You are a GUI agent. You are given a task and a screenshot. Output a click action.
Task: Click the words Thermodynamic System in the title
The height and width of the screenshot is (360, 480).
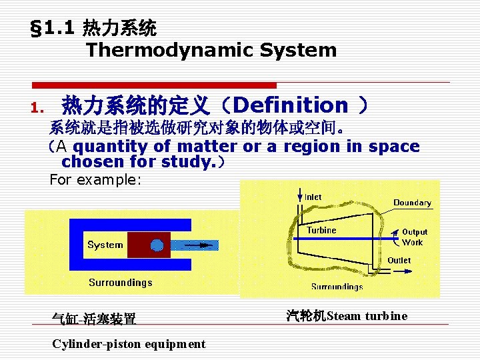211,50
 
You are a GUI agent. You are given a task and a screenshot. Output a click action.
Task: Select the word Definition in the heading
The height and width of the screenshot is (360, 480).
291,105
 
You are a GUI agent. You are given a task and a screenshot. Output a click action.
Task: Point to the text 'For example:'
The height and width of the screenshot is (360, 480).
96,180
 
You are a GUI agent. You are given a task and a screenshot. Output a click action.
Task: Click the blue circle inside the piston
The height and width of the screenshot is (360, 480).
157,245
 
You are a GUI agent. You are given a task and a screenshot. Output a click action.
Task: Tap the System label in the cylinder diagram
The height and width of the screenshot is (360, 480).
105,245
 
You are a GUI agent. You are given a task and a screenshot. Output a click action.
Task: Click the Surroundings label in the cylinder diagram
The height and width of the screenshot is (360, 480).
121,282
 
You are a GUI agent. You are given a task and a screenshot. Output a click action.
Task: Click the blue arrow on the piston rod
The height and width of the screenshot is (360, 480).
199,245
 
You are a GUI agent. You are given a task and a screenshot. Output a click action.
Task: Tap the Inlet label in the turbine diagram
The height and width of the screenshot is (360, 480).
313,197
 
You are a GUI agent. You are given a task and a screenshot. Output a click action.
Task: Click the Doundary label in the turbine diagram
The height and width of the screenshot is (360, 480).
412,203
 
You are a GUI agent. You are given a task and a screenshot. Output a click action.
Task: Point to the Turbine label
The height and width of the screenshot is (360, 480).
321,230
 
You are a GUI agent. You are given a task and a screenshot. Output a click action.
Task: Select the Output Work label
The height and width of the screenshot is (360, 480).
414,237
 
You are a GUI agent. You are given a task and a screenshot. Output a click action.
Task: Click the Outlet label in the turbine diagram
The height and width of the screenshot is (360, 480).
399,260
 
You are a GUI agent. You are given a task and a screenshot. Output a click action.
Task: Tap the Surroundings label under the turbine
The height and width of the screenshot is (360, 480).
337,287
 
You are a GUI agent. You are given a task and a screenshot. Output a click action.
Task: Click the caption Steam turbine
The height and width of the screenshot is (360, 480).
347,316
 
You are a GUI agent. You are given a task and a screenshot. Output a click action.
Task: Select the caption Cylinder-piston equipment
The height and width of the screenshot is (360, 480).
129,344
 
